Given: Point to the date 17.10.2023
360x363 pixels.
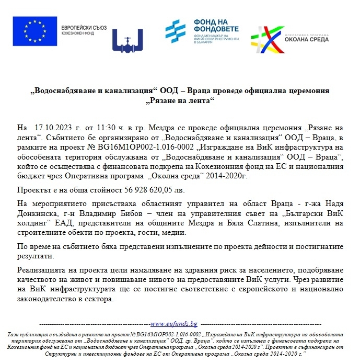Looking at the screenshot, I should (x=51, y=128).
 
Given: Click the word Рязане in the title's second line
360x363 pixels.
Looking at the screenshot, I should (x=168, y=99).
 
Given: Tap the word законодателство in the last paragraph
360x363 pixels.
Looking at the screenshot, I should (x=46, y=300).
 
